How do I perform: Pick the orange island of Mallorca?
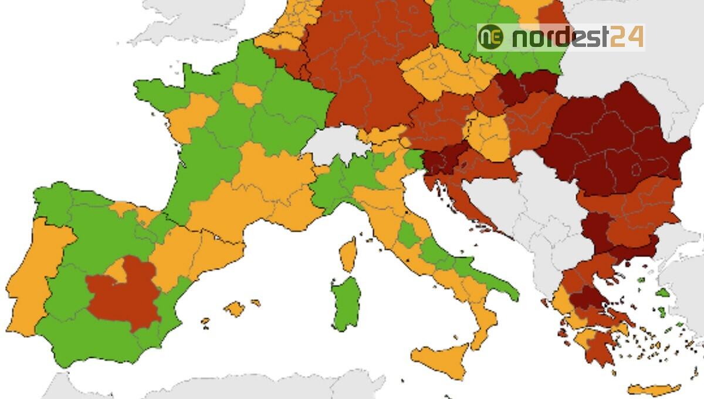click(x=235, y=308)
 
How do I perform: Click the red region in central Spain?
click(x=124, y=296)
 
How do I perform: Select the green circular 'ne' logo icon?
click(x=490, y=38)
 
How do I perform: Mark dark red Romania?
click(x=616, y=141)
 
